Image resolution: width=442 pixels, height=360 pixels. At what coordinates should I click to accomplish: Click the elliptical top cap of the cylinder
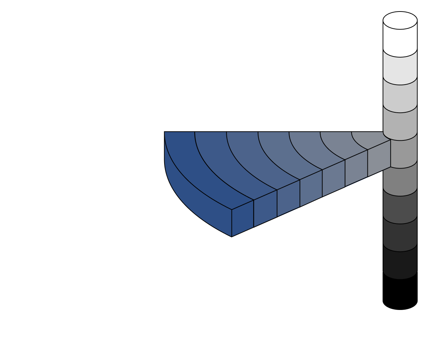pyautogui.click(x=400, y=20)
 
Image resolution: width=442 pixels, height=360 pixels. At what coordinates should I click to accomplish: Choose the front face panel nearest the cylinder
pyautogui.click(x=379, y=158)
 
